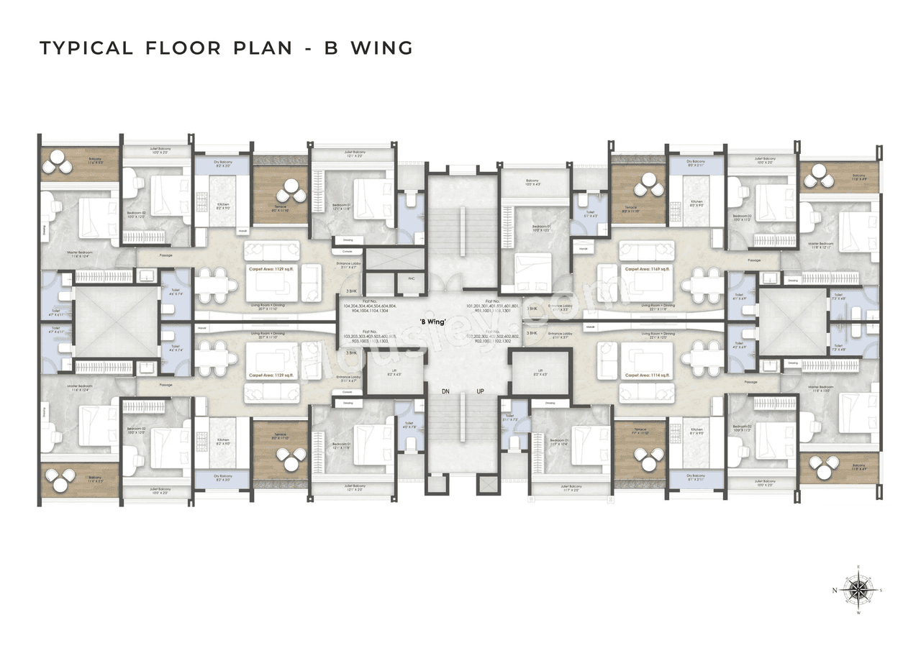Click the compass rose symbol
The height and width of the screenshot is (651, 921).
pos(858,592)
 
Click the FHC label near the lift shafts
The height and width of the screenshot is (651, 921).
pos(412,279)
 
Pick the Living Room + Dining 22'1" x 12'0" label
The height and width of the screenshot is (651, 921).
pos(658,336)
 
